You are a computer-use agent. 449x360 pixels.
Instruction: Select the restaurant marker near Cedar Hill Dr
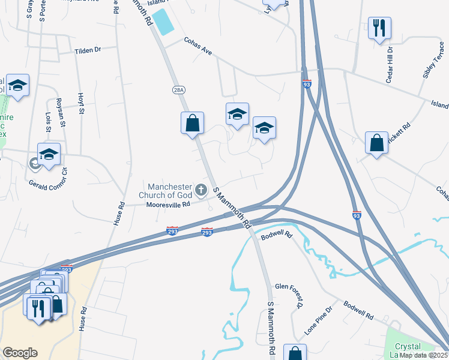click(379, 28)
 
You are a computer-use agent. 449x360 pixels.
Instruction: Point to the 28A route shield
click(178, 89)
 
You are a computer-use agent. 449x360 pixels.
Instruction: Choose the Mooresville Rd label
click(168, 204)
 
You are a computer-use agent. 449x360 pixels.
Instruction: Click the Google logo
click(20, 352)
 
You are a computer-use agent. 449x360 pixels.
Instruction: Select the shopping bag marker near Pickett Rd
click(376, 143)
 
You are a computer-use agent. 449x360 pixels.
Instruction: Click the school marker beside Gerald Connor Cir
click(49, 154)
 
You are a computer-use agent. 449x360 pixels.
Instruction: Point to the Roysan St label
click(60, 110)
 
